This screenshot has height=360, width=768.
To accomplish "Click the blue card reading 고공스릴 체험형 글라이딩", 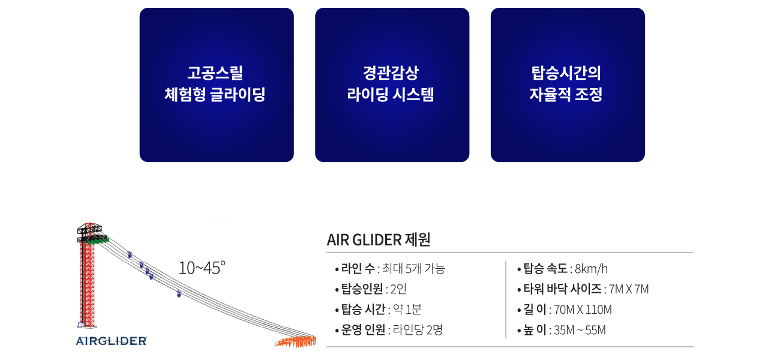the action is (x=217, y=85).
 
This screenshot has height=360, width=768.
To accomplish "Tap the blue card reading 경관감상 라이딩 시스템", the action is (x=392, y=85).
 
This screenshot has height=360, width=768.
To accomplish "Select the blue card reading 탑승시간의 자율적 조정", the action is (x=568, y=85).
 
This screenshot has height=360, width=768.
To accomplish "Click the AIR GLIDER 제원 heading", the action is (x=379, y=239).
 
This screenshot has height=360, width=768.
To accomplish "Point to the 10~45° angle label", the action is (x=202, y=268).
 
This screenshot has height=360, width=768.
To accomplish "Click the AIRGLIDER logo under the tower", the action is (x=112, y=341).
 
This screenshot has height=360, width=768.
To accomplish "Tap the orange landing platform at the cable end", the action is (x=296, y=341).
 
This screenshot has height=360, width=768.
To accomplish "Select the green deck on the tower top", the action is (x=98, y=239).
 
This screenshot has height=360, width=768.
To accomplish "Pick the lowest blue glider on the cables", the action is (x=179, y=294).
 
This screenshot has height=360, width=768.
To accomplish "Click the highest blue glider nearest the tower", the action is (x=130, y=254).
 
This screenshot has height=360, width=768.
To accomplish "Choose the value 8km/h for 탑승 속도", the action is (x=591, y=269).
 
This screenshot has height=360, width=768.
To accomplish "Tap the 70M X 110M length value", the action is (x=583, y=310).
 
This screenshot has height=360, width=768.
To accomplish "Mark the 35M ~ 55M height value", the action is (x=580, y=330).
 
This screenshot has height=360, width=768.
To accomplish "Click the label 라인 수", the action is (x=358, y=268).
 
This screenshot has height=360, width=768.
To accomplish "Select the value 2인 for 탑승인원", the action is (x=398, y=289).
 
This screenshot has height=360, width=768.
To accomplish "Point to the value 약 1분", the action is (x=407, y=310).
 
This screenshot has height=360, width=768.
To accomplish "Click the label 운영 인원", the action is (x=363, y=330).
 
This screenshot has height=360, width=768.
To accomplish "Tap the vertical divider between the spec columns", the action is (x=506, y=299).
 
